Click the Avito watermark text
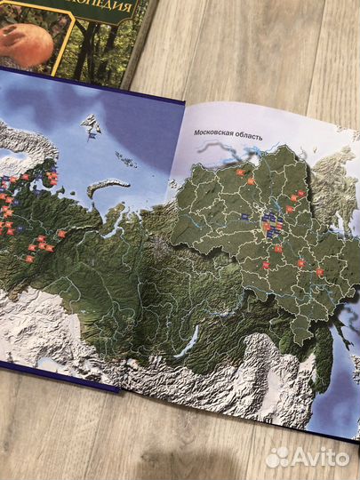[320, 457]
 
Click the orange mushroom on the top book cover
[20, 42]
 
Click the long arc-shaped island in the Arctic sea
[108, 186]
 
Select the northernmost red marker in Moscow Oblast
[239, 172]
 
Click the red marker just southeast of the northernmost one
[252, 182]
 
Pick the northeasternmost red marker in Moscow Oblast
[301, 194]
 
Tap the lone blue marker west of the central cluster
[244, 216]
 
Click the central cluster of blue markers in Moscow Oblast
[273, 223]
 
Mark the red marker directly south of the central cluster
[277, 250]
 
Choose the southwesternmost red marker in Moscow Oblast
[264, 266]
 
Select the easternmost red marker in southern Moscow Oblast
[320, 273]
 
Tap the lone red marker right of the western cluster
[61, 233]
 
